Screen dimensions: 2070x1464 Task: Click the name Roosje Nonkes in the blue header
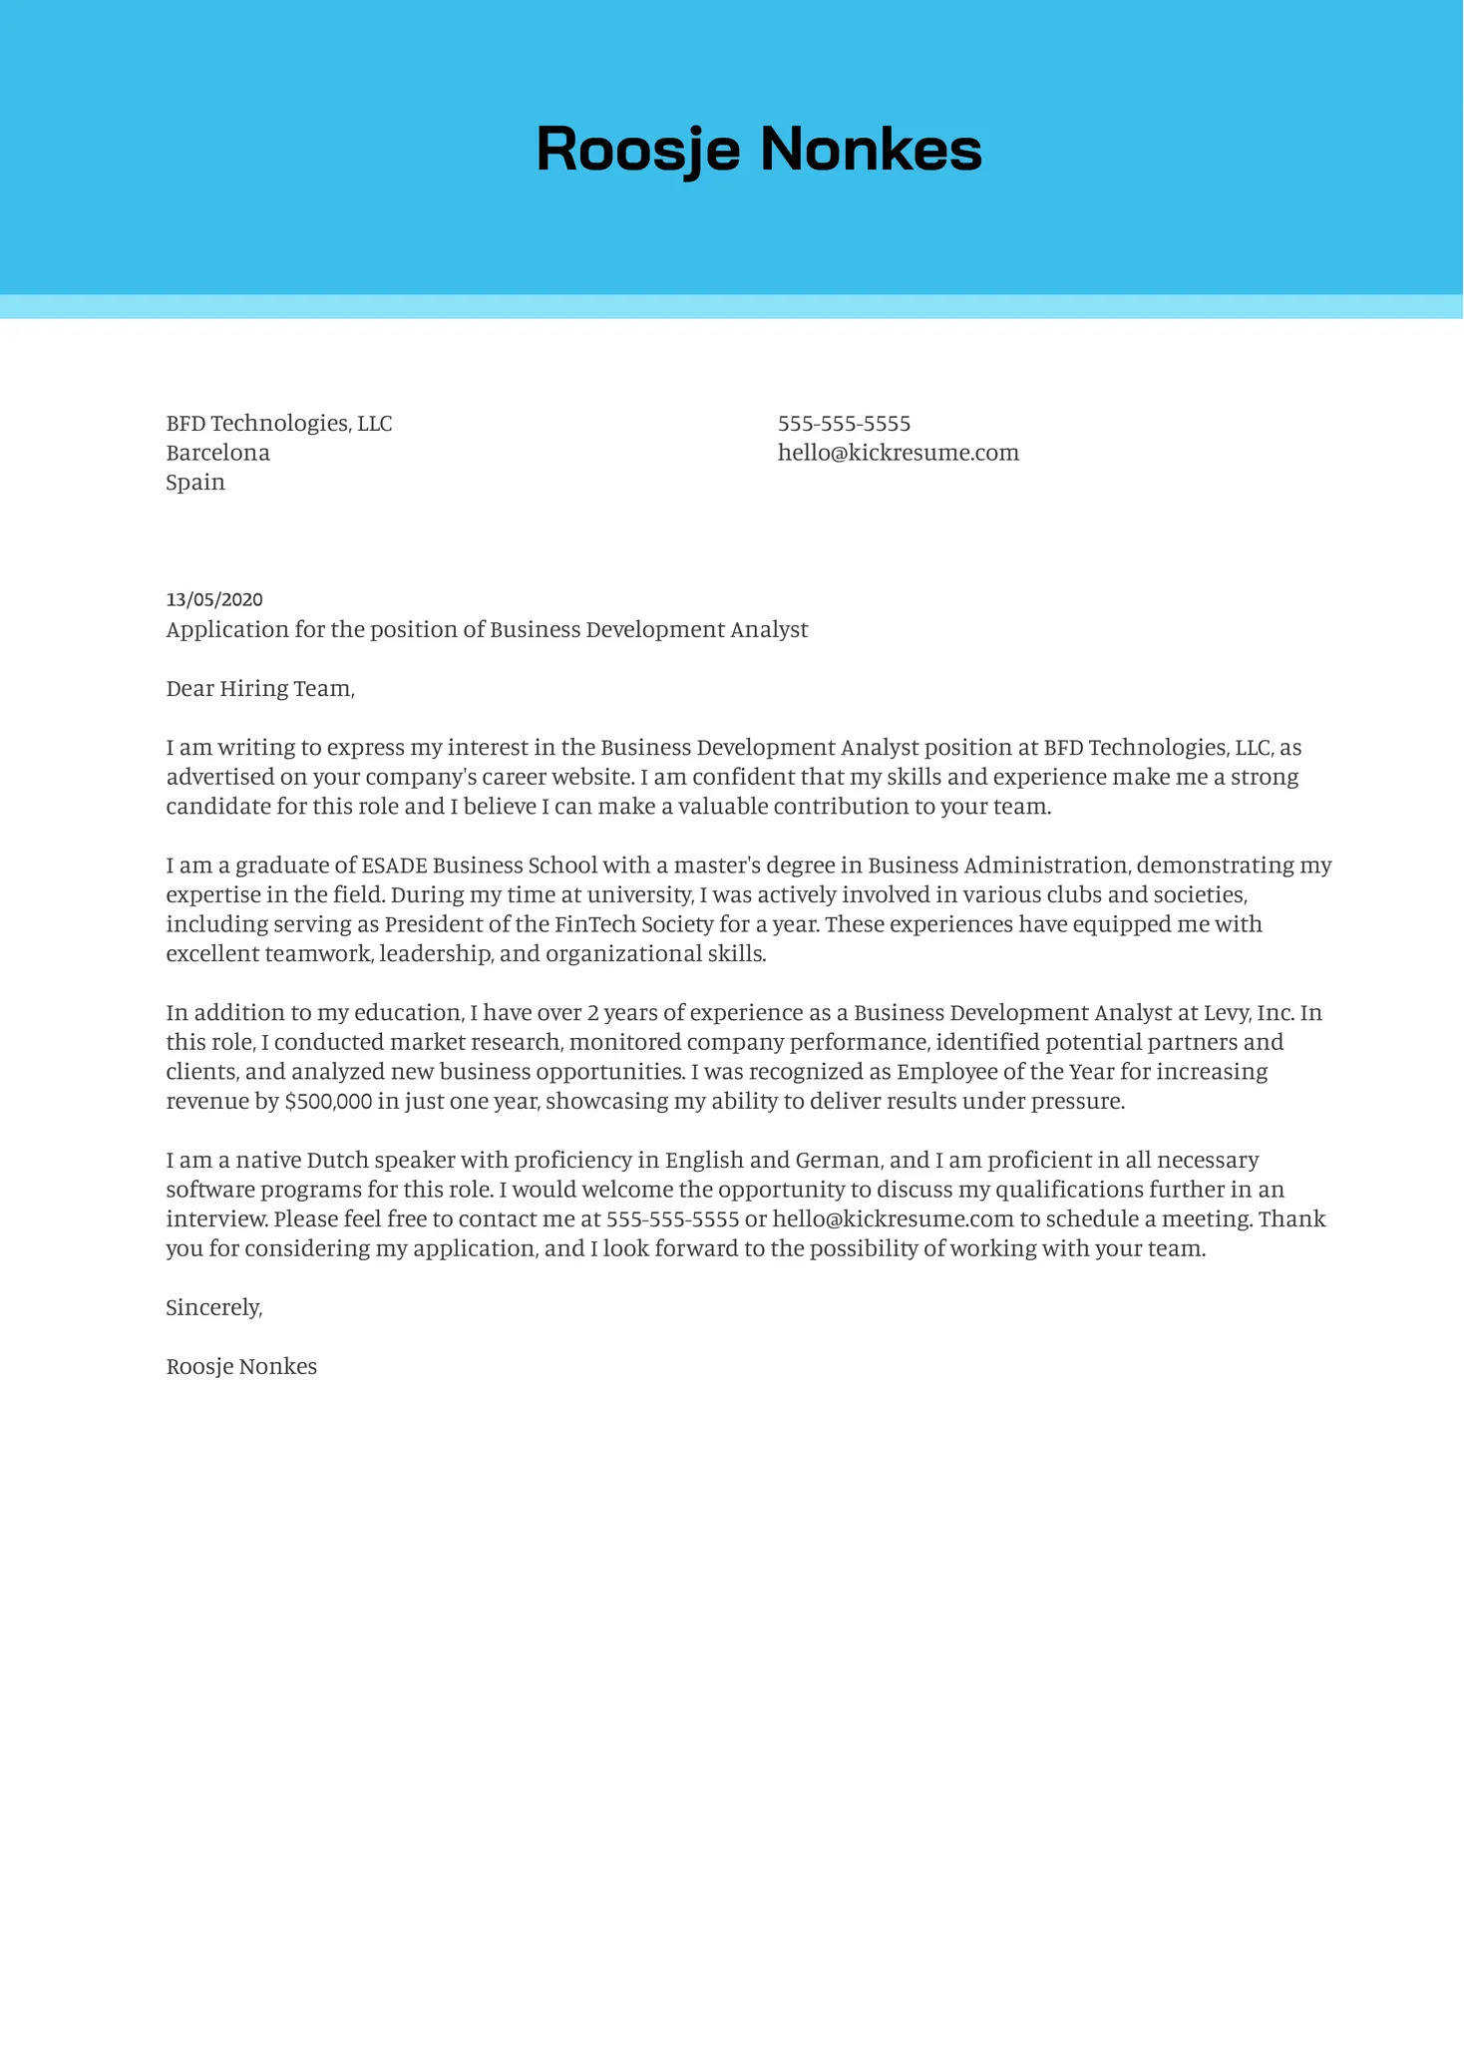click(x=759, y=150)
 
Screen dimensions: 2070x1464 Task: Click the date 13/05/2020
click(x=214, y=599)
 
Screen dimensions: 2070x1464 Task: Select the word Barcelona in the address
click(x=217, y=453)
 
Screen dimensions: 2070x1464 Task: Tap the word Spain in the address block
click(x=195, y=483)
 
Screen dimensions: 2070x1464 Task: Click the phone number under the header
click(x=844, y=424)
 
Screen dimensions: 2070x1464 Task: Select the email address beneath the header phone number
click(x=898, y=453)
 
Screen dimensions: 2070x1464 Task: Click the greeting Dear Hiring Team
click(x=259, y=689)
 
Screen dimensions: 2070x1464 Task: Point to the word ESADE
click(x=394, y=865)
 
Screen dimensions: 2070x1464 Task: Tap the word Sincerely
click(x=213, y=1307)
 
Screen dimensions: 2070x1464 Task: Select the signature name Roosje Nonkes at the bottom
click(x=241, y=1367)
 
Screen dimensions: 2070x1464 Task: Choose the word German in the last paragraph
click(x=838, y=1161)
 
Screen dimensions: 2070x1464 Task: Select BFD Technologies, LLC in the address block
click(x=278, y=424)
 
